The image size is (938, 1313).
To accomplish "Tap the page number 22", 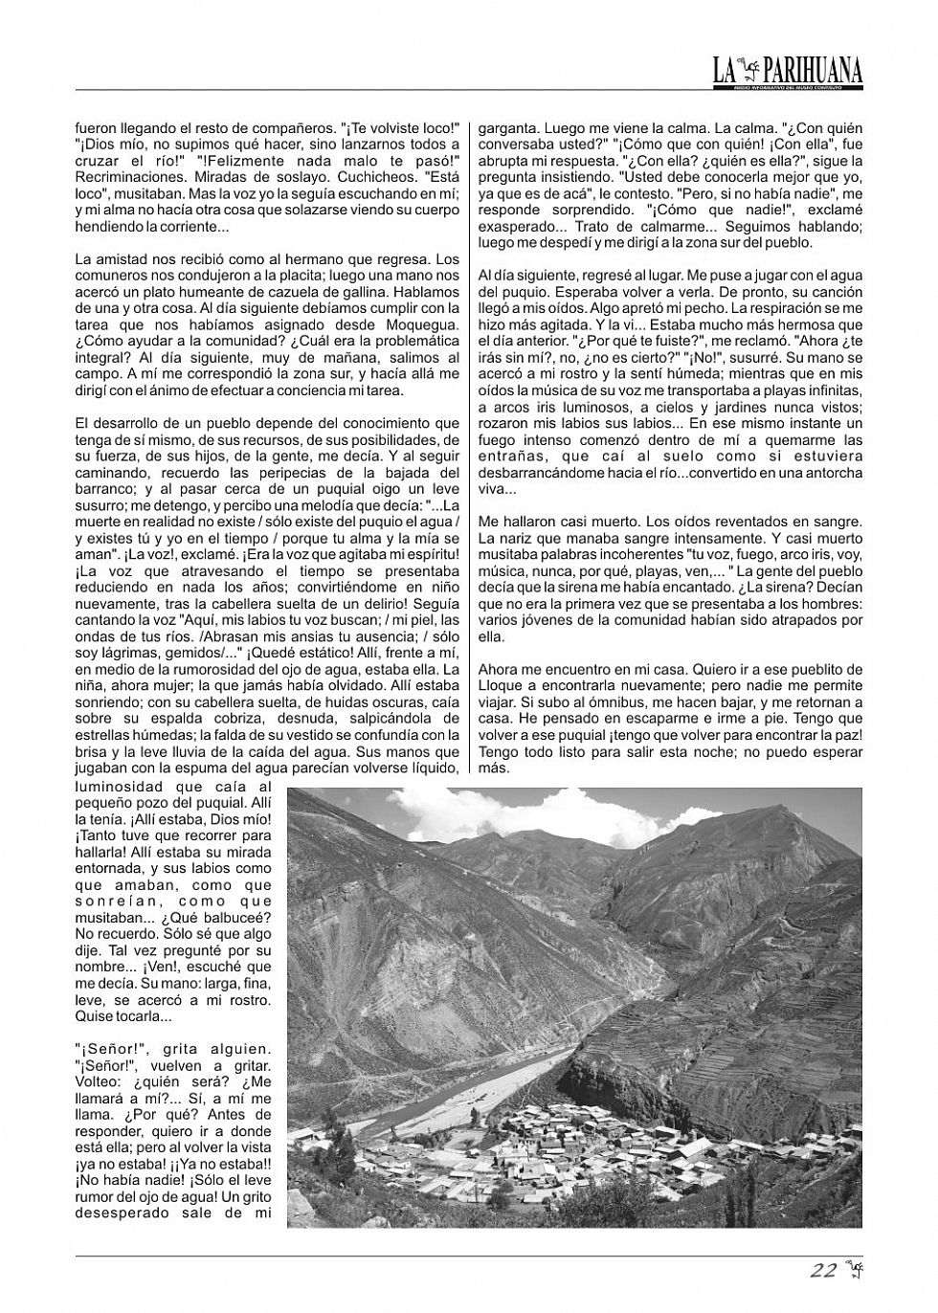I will pyautogui.click(x=823, y=1271).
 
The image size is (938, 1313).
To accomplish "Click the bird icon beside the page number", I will pyautogui.click(x=854, y=1271).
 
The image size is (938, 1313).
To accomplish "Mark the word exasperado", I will pyautogui.click(x=516, y=226).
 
